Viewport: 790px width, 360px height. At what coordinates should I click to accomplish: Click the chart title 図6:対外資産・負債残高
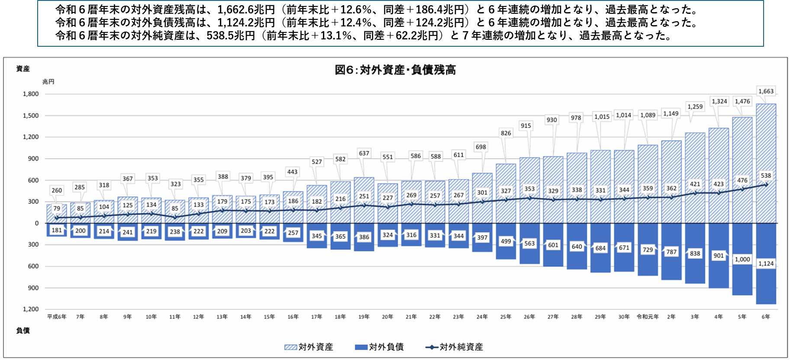(395, 70)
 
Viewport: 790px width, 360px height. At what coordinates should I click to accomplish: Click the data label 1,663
(766, 91)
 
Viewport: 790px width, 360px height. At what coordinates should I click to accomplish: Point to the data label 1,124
(766, 264)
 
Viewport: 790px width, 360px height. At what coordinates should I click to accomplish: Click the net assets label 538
(766, 176)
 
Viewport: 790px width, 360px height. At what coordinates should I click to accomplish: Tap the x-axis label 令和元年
(648, 317)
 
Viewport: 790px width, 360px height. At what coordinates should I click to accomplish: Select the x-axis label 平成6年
(57, 317)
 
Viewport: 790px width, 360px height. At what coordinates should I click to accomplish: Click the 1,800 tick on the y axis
(31, 94)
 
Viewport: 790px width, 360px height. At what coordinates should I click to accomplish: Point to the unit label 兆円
(48, 82)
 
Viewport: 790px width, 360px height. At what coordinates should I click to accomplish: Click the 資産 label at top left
(23, 69)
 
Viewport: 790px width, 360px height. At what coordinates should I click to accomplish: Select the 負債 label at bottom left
(23, 331)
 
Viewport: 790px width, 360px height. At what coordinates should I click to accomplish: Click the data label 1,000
(742, 259)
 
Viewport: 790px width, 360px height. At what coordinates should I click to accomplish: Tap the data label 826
(506, 133)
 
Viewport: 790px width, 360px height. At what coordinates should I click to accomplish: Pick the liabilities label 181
(57, 230)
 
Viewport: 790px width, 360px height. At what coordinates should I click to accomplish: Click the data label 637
(364, 153)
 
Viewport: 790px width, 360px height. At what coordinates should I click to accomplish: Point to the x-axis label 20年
(387, 317)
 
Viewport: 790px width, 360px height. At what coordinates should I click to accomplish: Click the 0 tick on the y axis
(37, 223)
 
